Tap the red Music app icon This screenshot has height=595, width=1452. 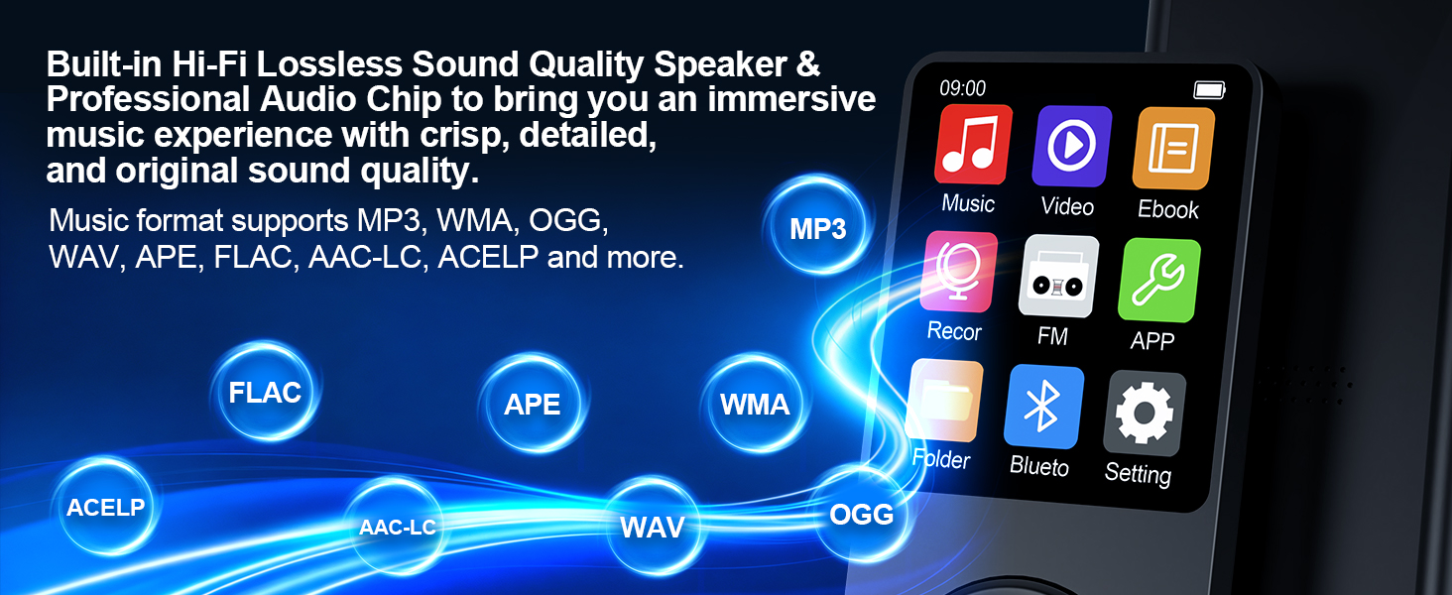[x=973, y=145]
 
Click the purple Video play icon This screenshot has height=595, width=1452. [x=1071, y=147]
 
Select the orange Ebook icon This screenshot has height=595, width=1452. [x=1173, y=149]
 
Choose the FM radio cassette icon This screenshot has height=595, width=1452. [x=1057, y=277]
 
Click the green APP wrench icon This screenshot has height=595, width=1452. [x=1157, y=281]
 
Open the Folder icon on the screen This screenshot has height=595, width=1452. [x=944, y=401]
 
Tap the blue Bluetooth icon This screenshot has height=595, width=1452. [x=1042, y=407]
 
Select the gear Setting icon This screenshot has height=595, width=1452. [x=1144, y=414]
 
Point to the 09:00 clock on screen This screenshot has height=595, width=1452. [x=962, y=88]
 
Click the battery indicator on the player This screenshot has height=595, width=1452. [x=1209, y=90]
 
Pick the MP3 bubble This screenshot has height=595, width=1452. [x=818, y=229]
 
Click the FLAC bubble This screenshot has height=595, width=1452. [x=265, y=393]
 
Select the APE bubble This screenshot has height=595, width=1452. [x=533, y=405]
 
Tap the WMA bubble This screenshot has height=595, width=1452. [x=755, y=405]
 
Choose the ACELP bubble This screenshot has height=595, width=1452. [x=105, y=508]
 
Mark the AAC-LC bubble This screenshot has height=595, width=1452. [x=397, y=528]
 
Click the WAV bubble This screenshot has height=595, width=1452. [x=652, y=527]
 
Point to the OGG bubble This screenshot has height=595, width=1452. [x=861, y=515]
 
